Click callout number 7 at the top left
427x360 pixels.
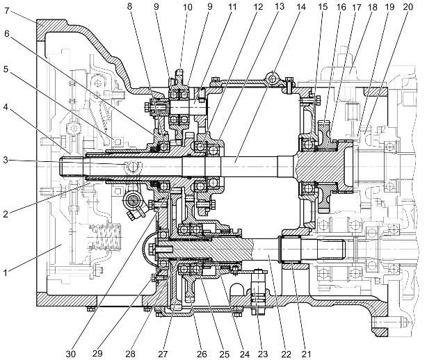pyautogui.click(x=8, y=11)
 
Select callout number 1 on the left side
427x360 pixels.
pyautogui.click(x=5, y=272)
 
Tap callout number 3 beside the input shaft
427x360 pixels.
pyautogui.click(x=6, y=160)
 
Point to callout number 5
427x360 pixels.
pyautogui.click(x=6, y=69)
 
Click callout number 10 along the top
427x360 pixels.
pyautogui.click(x=188, y=7)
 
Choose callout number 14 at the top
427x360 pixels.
pyautogui.click(x=300, y=6)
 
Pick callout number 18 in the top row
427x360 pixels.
pyautogui.click(x=372, y=7)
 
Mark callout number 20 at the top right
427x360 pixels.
pyautogui.click(x=408, y=7)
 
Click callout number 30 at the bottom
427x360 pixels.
pyautogui.click(x=71, y=354)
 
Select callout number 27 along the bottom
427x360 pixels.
pyautogui.click(x=163, y=354)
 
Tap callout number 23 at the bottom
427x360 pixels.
pyautogui.click(x=262, y=354)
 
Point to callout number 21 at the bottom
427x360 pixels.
pyautogui.click(x=307, y=354)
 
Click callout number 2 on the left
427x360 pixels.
pyautogui.click(x=6, y=214)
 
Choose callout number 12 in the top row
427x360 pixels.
pyautogui.click(x=257, y=6)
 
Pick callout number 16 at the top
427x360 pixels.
pyautogui.click(x=341, y=7)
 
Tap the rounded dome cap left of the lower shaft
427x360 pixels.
pyautogui.click(x=148, y=249)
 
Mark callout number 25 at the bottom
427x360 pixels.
pyautogui.click(x=224, y=354)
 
